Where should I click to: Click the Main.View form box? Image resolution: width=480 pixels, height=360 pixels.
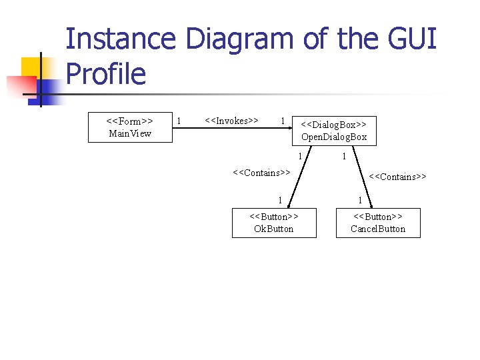tap(131, 127)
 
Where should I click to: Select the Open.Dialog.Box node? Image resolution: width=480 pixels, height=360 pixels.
tap(334, 131)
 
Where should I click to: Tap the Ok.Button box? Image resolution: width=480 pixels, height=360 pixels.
tap(273, 223)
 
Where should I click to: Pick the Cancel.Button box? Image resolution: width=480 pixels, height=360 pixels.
tap(378, 223)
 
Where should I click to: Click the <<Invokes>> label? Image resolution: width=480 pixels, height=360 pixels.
tap(231, 121)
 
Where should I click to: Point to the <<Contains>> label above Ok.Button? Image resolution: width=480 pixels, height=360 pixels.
tap(261, 173)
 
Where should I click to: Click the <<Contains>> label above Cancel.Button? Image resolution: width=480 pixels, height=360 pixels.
tap(398, 177)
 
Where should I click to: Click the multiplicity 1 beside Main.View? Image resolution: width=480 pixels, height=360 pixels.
tap(178, 121)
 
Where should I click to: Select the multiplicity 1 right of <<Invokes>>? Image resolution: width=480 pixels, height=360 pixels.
tap(283, 121)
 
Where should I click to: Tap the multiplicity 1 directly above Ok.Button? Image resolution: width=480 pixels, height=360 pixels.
tap(281, 200)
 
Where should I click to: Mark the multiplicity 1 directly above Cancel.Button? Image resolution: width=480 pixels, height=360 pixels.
tap(360, 200)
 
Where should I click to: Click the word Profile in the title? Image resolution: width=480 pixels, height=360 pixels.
tap(106, 73)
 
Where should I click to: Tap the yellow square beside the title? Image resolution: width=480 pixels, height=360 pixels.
tap(31, 67)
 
